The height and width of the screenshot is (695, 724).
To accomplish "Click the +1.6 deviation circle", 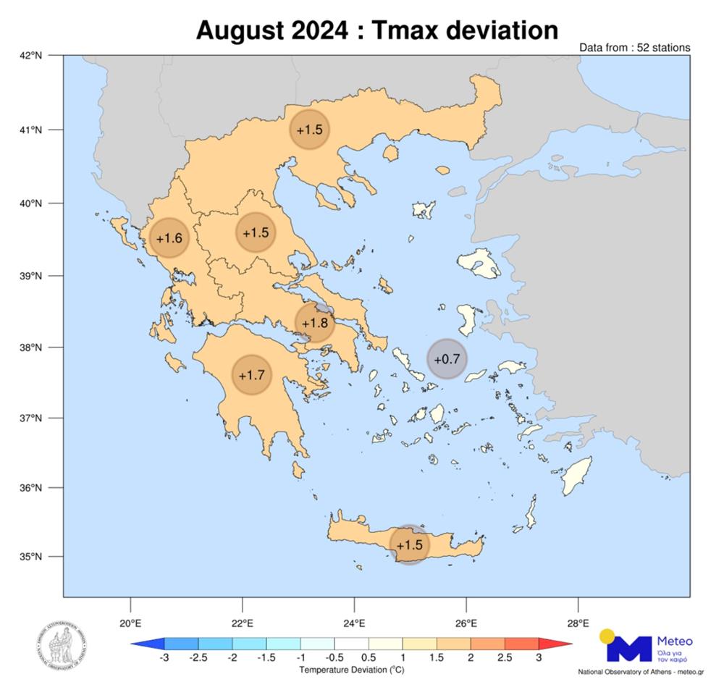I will point(169,238).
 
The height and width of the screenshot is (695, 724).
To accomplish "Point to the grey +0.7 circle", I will point(447,358).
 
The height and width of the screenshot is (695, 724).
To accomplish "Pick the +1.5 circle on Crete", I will point(410,544).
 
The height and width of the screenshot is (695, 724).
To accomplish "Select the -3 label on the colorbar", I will point(164,657).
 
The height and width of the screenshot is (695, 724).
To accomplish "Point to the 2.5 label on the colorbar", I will point(505,657).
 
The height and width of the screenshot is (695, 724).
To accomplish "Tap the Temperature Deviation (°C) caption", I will point(351,670).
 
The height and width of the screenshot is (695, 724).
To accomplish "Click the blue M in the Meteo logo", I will point(628,648).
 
